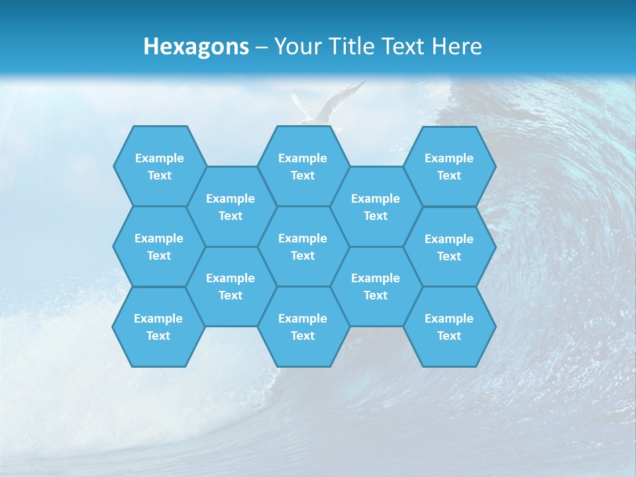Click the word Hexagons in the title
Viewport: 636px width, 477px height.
[x=196, y=47]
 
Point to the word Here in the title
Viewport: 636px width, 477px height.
[x=457, y=47]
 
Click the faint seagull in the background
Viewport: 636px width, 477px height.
[x=325, y=106]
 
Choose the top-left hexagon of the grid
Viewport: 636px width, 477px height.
[x=159, y=166]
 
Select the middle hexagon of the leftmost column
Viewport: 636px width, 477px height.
[x=159, y=246]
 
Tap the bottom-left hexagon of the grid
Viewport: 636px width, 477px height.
[x=158, y=327]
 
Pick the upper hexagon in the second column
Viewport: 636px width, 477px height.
[x=231, y=207]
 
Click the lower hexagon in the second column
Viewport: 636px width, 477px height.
[x=231, y=286]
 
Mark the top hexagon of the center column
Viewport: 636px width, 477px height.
[x=303, y=166]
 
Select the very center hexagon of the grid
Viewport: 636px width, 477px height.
[x=303, y=246]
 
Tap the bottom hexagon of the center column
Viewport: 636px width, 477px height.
[x=303, y=327]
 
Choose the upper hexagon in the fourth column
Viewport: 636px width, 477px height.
[x=376, y=207]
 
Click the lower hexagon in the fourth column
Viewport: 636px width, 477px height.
[x=376, y=286]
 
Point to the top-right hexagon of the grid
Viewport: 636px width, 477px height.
[x=449, y=166]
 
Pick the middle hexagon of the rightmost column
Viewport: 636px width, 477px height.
[x=449, y=247]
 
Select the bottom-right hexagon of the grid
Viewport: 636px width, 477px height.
[x=449, y=327]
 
